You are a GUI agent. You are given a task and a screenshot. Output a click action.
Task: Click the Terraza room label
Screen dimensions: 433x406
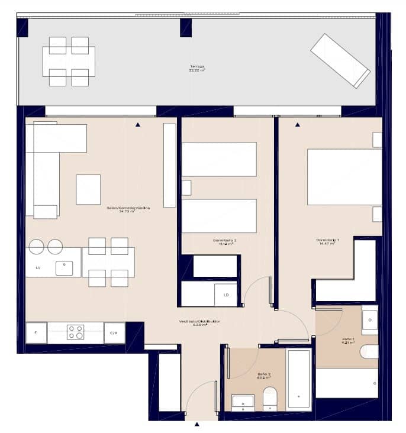(198, 67)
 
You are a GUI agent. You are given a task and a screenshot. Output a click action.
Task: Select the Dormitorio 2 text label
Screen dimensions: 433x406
(225, 241)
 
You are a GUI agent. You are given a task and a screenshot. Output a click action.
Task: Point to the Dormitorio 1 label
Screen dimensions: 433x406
(327, 241)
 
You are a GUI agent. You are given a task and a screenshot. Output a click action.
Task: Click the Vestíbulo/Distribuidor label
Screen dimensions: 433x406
(200, 323)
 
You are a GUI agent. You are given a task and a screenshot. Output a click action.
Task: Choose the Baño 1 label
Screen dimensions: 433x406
(348, 341)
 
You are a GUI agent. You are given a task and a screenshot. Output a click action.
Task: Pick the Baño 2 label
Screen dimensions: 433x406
(264, 375)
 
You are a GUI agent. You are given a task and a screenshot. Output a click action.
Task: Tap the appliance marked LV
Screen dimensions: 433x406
(38, 268)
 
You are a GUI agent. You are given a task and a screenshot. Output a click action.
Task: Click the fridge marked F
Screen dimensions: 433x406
(36, 333)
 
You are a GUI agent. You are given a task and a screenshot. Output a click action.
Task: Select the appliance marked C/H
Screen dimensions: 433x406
(114, 333)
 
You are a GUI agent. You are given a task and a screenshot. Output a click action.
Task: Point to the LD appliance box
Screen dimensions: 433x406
(225, 294)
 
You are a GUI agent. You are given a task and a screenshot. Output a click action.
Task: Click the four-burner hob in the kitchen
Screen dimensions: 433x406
(75, 332)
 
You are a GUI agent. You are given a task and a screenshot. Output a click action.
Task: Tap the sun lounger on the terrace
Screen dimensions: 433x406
(340, 61)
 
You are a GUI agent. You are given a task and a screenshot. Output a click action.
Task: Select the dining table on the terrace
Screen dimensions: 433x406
(69, 62)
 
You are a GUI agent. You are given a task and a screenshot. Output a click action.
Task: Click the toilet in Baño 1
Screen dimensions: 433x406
(369, 351)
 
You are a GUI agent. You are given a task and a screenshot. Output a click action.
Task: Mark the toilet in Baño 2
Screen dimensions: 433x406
(270, 398)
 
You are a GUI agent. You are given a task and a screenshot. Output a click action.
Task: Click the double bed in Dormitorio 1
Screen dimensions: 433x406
(344, 177)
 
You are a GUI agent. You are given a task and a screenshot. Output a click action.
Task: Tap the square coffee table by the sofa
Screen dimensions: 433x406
(88, 189)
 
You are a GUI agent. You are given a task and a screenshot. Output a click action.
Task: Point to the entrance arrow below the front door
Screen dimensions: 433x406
(197, 424)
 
